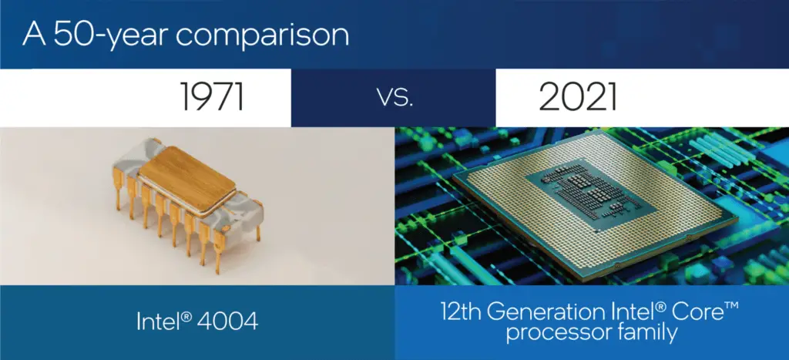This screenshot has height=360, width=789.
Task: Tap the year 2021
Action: [x=577, y=98]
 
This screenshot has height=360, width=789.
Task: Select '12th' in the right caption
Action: [x=459, y=314]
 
